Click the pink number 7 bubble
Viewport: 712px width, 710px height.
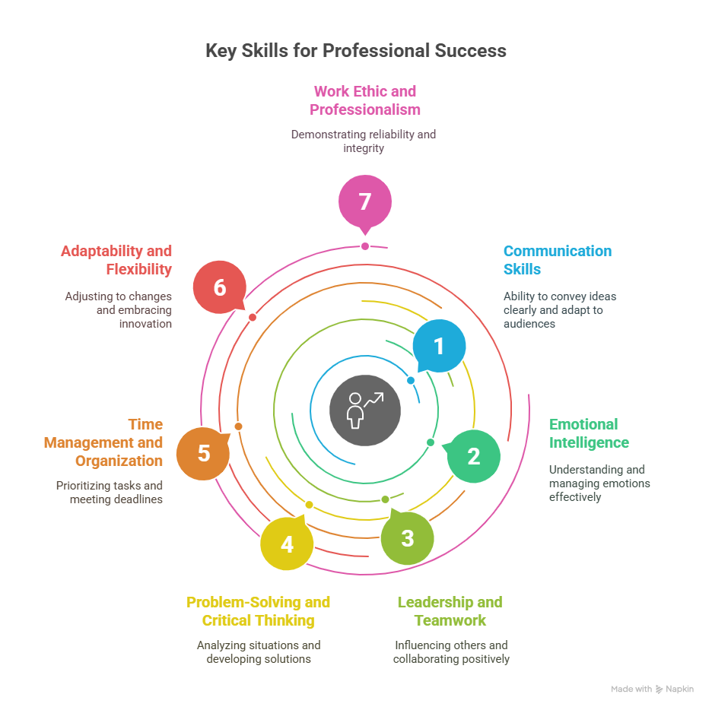point(365,202)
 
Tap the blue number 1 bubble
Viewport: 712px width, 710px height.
point(439,346)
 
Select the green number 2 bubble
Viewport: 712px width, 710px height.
point(473,456)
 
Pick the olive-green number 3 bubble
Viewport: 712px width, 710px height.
point(407,538)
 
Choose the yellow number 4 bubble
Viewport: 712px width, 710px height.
point(287,544)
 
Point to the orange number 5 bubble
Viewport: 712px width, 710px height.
point(203,453)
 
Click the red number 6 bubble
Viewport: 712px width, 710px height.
point(220,287)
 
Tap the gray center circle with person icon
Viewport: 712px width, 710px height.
point(365,410)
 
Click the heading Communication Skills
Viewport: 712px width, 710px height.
point(558,260)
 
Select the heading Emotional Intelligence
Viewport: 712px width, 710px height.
point(589,433)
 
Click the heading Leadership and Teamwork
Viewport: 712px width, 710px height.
point(450,611)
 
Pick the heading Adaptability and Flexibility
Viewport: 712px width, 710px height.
point(116,260)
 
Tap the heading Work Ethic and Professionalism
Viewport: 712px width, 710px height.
point(365,100)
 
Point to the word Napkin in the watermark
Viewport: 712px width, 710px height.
point(680,689)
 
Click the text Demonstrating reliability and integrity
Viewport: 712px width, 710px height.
point(364,141)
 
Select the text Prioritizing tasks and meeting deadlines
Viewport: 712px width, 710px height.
point(110,493)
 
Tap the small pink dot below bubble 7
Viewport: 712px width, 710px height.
point(365,246)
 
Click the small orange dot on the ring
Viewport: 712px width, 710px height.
point(238,426)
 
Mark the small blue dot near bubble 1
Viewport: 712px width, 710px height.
point(411,381)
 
